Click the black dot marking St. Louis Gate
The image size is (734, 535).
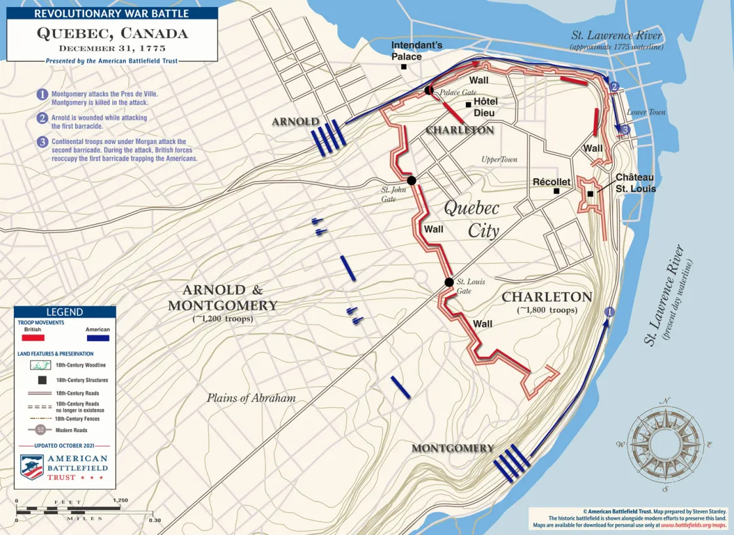coord(449,282)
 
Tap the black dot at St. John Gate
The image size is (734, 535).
coord(411,180)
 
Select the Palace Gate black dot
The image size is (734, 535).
coord(429,90)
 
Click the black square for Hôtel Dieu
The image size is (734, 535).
coord(468,104)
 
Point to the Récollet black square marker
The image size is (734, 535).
coord(556,191)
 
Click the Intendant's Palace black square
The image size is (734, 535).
coord(404,66)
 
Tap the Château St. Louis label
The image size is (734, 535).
coord(635,183)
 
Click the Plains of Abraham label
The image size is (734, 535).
coord(251,397)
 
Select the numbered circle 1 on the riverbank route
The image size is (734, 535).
coord(609,312)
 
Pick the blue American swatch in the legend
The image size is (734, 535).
coord(97,338)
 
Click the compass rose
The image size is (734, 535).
coord(665,445)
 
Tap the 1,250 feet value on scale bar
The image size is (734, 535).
coord(120,500)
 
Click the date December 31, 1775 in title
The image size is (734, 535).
coord(112,48)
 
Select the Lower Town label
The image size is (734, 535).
coord(646,112)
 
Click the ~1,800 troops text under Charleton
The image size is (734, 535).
coord(547,310)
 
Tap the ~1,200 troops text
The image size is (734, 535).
coord(222,319)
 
